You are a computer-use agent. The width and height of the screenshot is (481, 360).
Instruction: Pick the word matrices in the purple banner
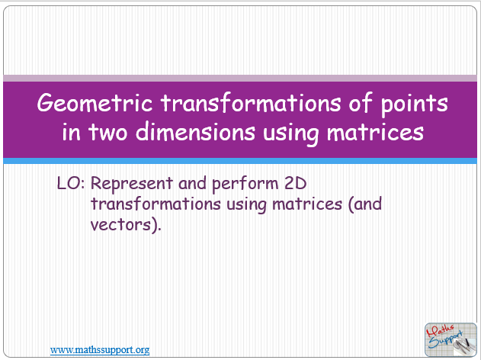coord(376,132)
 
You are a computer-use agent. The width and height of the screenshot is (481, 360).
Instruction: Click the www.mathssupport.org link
coord(100,349)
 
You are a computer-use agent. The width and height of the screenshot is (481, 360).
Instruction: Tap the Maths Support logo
coord(449,338)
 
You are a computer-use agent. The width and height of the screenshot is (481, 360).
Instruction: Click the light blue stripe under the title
coord(240,161)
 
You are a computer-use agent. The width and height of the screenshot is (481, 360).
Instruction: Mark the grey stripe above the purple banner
coord(240,78)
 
